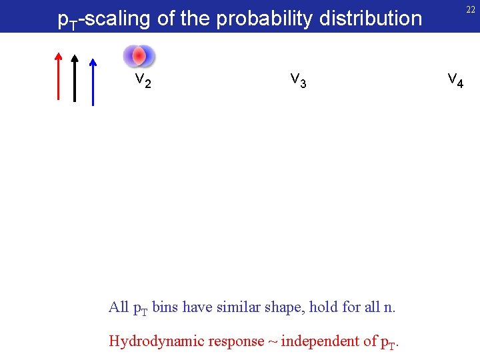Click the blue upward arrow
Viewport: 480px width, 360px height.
tap(93, 81)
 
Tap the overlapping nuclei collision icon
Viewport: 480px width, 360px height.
tap(139, 56)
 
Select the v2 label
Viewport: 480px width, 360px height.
tap(143, 80)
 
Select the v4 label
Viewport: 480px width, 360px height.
tap(455, 80)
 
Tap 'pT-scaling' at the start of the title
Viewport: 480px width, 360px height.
tap(104, 19)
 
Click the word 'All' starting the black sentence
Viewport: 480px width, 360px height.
tap(118, 308)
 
